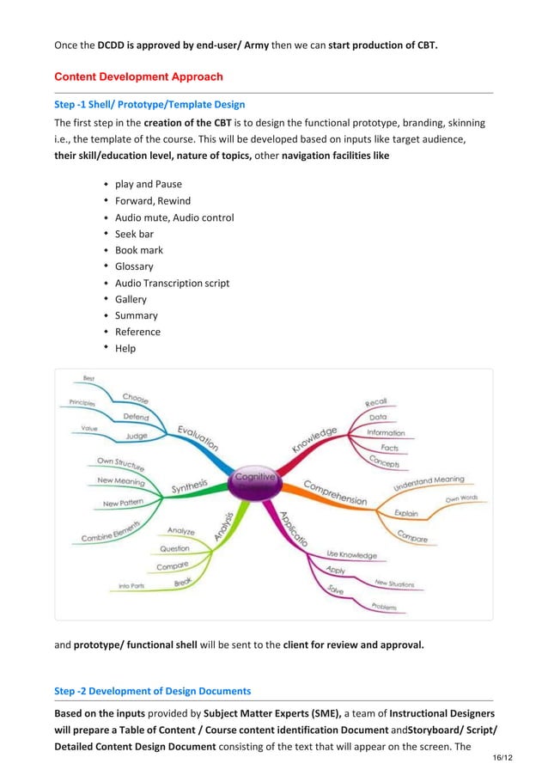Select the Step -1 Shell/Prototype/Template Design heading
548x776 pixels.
[x=149, y=105]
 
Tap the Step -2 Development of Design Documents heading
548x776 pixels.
[x=153, y=690]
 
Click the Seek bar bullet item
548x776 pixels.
[x=134, y=234]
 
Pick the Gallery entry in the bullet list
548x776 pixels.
[x=131, y=299]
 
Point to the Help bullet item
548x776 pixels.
[x=125, y=348]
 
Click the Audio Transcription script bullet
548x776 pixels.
[x=172, y=283]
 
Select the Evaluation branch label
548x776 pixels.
[x=198, y=438]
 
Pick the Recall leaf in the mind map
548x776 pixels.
[x=376, y=401]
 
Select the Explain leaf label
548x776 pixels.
[x=406, y=513]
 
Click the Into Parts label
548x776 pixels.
[x=131, y=586]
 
